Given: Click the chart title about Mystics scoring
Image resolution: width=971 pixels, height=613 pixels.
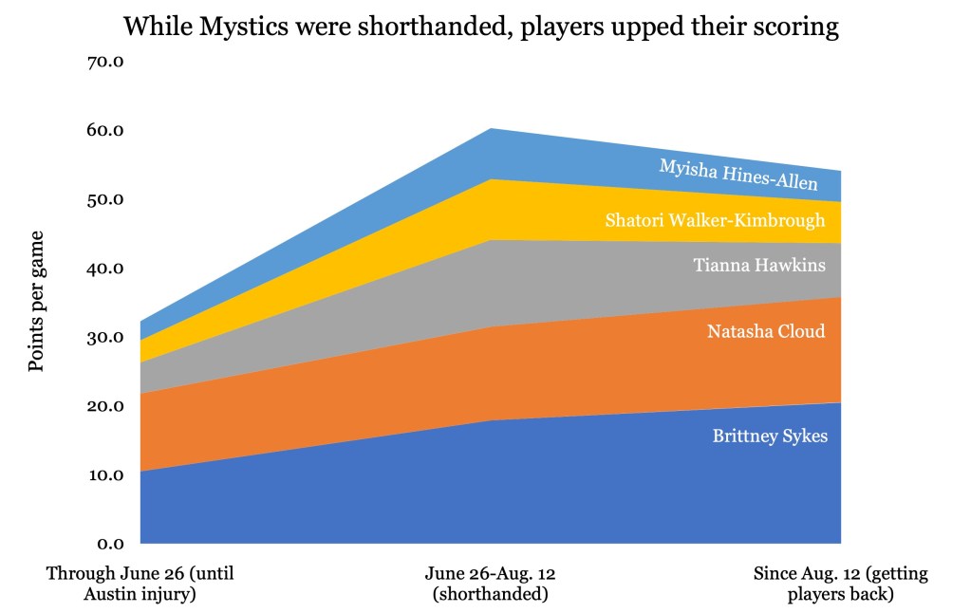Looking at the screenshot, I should pos(481,27).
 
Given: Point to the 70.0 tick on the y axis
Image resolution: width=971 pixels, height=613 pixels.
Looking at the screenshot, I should pos(105,63).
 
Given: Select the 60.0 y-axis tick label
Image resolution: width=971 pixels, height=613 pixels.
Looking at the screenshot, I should pos(105,131).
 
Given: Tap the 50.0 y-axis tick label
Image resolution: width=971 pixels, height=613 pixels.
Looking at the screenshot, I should pos(105,200).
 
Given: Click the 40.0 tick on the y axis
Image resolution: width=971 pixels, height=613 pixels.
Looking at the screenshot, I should pos(105,269).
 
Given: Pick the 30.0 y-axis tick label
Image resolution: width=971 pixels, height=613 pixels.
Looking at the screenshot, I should pos(105,338).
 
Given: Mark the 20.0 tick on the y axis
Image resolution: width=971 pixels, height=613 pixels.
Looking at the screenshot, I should pos(105,406).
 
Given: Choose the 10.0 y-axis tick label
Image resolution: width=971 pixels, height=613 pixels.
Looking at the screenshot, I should pos(105,475).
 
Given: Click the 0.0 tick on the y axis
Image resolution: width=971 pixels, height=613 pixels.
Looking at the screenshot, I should pos(109,544).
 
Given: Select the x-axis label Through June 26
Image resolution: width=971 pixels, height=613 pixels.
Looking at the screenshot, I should pos(140,585).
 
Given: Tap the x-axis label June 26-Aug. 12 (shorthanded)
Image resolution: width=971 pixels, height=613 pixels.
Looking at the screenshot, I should pos(490,585).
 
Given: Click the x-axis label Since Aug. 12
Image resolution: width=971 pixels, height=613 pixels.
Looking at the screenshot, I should pos(840,585).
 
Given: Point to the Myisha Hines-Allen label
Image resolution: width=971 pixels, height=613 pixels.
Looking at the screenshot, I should pos(738,175).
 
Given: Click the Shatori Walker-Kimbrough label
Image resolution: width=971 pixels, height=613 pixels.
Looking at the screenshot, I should pos(715,221).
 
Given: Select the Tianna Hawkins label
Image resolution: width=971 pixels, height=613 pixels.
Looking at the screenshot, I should pos(759,266).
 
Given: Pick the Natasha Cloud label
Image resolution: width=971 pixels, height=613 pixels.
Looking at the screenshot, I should pos(766,332).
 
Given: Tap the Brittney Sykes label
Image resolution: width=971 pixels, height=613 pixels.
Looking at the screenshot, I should pos(770,437).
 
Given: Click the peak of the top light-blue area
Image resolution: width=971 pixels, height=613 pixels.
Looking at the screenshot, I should pos(490,130).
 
